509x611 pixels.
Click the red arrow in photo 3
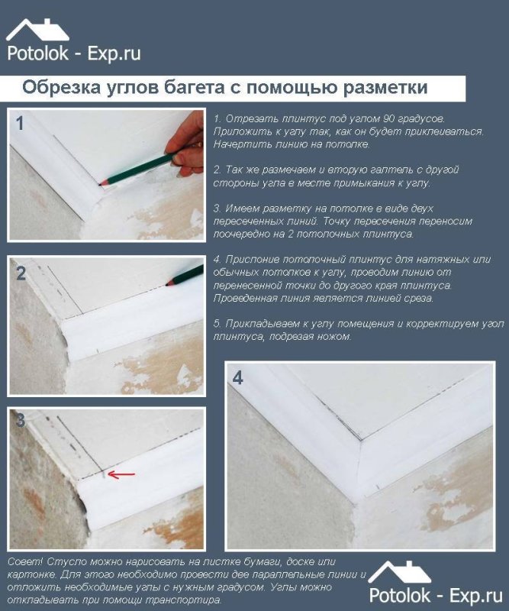121,475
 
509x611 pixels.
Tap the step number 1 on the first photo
20,123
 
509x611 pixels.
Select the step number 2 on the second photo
21,274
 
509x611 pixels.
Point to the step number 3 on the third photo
21,420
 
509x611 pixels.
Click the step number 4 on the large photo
238,378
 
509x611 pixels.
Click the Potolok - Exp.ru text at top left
73,53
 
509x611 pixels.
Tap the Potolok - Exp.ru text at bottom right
436,595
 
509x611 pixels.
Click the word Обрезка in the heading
58,87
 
